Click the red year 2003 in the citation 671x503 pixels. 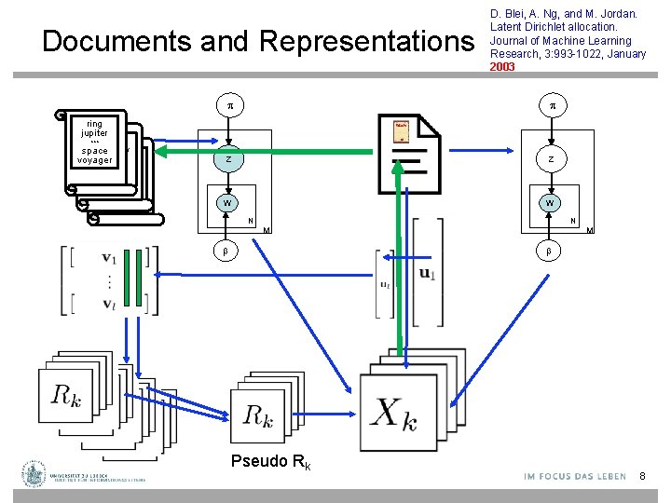[502, 67]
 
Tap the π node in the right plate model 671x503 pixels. [551, 107]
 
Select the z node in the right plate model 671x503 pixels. [551, 160]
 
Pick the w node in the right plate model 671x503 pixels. [551, 203]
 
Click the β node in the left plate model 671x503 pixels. [223, 252]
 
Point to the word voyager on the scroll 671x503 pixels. [94, 160]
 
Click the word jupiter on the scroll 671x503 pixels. [94, 133]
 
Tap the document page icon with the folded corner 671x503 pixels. [410, 151]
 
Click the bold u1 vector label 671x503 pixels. [428, 273]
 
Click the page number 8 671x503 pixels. [642, 477]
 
